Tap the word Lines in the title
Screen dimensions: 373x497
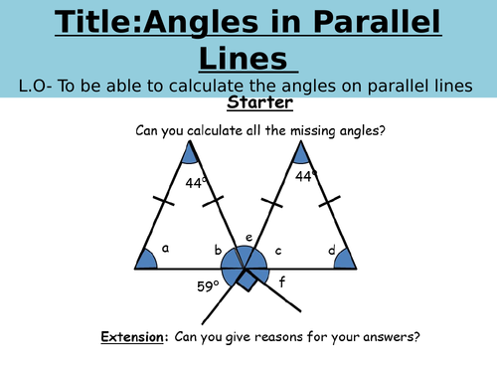click(x=248, y=57)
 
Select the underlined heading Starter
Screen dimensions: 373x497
click(x=255, y=102)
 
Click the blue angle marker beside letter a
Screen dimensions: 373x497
click(x=145, y=260)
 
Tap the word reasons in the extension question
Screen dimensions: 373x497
click(x=293, y=337)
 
